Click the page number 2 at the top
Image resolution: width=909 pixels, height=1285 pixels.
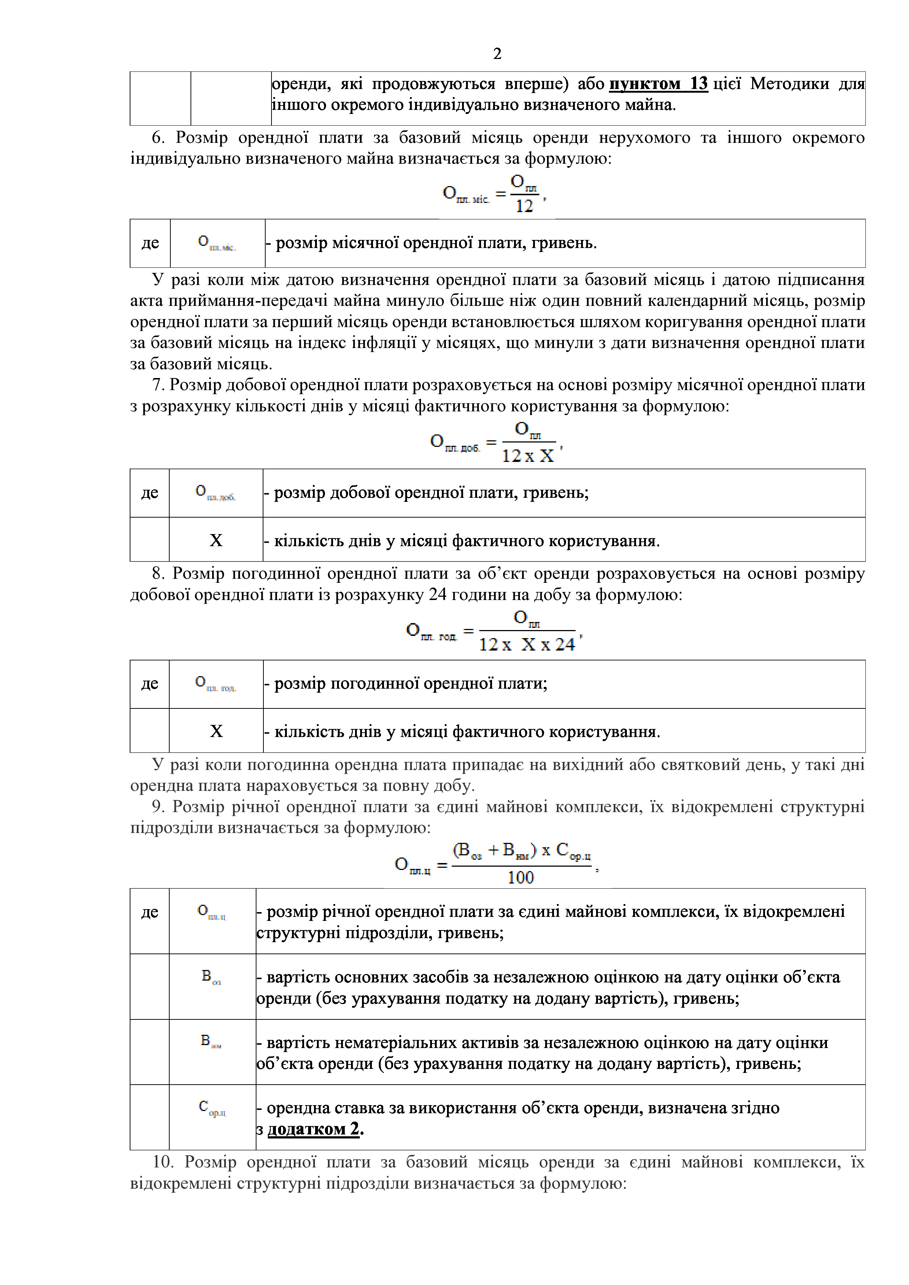[x=497, y=54]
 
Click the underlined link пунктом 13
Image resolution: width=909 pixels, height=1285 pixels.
[x=658, y=84]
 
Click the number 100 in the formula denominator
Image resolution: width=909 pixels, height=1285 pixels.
[x=521, y=878]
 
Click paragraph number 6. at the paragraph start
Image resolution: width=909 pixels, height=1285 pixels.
[x=158, y=138]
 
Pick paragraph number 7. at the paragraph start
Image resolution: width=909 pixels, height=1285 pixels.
[x=158, y=385]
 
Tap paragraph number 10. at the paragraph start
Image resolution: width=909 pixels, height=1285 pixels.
[x=163, y=1162]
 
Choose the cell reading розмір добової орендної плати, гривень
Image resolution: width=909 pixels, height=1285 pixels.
[x=431, y=493]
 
